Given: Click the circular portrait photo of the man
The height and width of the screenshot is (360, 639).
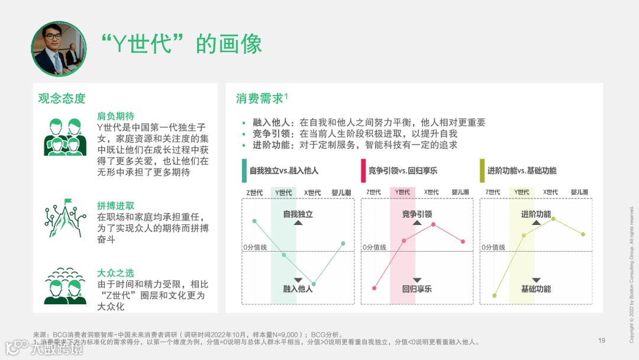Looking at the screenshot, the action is (59, 49).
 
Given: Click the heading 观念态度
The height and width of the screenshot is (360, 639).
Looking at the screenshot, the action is (62, 98).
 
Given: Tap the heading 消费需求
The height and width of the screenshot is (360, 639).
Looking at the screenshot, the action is (260, 98).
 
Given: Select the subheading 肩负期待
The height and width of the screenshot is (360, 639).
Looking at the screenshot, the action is (115, 116).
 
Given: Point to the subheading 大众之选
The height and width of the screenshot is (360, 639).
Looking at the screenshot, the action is (115, 273).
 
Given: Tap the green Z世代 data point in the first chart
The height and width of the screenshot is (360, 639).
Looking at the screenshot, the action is (254, 221).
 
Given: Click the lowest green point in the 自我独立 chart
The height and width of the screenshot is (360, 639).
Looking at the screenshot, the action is (314, 284).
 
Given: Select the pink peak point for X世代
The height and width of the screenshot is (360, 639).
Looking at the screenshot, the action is (434, 224).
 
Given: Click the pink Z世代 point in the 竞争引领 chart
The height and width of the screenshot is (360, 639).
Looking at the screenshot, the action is (375, 288).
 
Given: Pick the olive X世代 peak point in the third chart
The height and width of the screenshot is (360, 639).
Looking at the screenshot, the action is (554, 218).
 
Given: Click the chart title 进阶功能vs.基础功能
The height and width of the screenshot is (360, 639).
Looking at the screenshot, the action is (522, 171).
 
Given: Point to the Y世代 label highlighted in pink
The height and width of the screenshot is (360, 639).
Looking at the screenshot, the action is (403, 192).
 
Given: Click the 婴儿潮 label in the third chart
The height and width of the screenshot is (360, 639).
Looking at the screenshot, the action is (579, 192).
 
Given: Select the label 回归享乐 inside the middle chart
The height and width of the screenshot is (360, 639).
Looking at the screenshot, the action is (417, 289).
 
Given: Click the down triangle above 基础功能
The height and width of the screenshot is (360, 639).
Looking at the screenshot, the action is (536, 279).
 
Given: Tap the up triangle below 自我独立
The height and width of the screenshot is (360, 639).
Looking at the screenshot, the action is (298, 223).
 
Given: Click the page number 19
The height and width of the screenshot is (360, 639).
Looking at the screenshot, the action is (602, 340).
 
